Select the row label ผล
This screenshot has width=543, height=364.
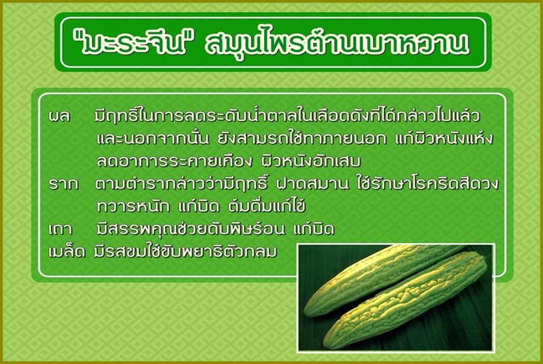60,116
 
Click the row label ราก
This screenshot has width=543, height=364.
63,184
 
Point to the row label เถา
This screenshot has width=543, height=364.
60,229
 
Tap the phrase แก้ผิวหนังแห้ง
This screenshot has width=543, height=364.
444,138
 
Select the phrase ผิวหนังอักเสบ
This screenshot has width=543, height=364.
310,161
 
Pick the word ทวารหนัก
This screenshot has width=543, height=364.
133,207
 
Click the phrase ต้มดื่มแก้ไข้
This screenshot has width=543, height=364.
267,206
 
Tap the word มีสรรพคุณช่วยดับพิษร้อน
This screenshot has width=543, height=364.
190,228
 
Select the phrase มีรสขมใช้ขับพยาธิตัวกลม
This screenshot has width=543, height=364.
185,251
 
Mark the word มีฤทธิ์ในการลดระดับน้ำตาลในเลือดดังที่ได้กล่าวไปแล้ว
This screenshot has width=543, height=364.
287,116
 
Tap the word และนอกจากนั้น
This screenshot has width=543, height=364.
153,139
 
